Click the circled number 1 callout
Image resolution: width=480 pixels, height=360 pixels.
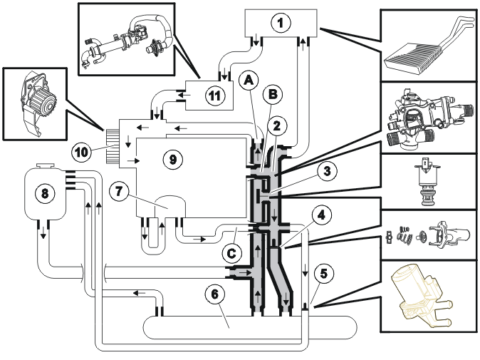(x=280, y=24)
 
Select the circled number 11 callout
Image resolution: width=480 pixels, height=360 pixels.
(x=214, y=96)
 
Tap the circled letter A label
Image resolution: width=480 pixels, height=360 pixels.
(x=249, y=81)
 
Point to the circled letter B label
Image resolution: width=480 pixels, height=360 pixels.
(x=272, y=94)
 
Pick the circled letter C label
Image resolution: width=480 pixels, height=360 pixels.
(x=231, y=253)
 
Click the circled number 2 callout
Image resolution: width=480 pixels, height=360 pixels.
(x=276, y=126)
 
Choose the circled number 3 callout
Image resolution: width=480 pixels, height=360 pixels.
(x=327, y=171)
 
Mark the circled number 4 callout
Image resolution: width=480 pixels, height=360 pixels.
(x=320, y=216)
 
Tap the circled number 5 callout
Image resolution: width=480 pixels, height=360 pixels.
(x=323, y=273)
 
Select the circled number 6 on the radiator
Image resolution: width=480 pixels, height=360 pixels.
(x=215, y=294)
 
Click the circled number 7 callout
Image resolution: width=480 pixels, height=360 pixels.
(x=119, y=192)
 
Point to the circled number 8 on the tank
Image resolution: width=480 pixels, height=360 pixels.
(x=45, y=193)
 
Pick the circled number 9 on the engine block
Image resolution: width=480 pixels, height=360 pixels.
(x=172, y=159)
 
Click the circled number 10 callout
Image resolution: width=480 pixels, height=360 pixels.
(x=81, y=152)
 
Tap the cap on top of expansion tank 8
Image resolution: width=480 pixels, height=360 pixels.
(x=46, y=165)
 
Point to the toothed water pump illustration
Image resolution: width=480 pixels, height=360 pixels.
(x=37, y=103)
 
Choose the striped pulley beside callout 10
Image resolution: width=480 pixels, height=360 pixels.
(x=112, y=146)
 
